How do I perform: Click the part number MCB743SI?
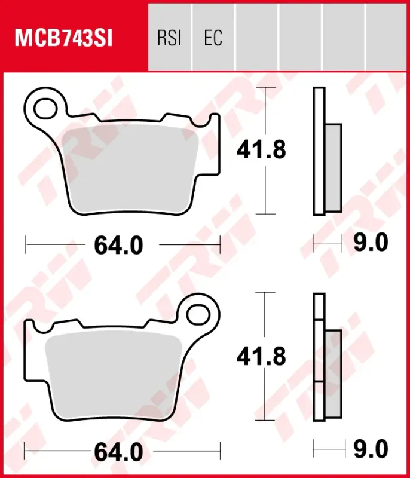(64, 38)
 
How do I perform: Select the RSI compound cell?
(170, 38)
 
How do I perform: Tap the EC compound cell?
(213, 38)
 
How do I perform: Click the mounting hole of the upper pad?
(46, 109)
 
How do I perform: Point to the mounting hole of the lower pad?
(198, 315)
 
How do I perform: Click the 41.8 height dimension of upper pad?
(261, 150)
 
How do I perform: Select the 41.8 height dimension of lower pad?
(261, 356)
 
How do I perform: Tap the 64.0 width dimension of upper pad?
(118, 246)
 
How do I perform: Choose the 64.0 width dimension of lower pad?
(118, 452)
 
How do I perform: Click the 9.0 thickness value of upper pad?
(371, 243)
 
